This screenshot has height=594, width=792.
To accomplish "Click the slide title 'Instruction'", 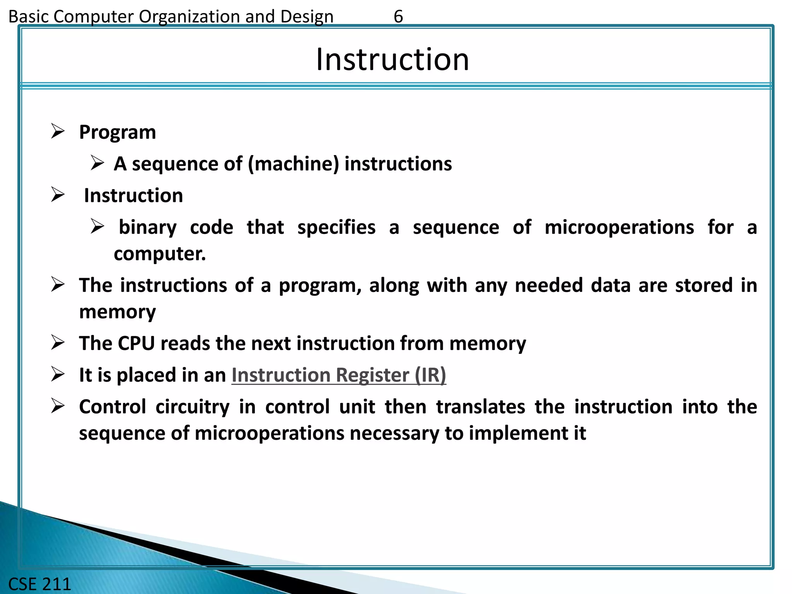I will point(392,60).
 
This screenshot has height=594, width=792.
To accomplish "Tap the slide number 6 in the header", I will point(398,17).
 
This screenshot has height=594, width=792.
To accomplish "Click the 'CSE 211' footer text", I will point(40,584).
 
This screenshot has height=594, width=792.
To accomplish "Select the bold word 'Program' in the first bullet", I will point(118,133).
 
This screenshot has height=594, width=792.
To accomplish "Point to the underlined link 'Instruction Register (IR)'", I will point(339,375).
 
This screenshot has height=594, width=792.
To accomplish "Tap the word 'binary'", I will point(147,227).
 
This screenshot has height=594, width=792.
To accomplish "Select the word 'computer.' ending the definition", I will point(160,254).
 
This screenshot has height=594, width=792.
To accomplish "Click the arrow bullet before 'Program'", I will point(58,131).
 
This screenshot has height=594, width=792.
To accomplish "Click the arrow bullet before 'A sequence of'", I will point(97,163).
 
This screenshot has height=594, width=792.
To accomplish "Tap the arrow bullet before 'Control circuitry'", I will point(58,406).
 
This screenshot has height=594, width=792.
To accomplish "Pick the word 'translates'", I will point(481,407).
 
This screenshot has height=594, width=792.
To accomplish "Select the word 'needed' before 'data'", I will point(549,285).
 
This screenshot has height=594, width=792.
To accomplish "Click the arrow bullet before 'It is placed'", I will point(58,374).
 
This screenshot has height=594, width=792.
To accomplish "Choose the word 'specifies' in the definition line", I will point(336,227).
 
